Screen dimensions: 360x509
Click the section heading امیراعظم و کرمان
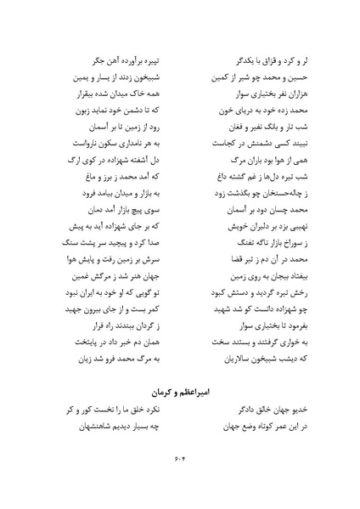(179, 393)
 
